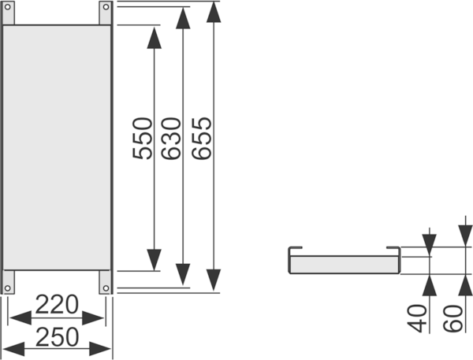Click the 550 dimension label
coord(143,139)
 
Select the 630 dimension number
coord(171,139)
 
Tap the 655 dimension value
coord(202,139)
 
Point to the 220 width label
coord(57,305)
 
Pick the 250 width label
coord(57,337)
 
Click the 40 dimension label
coord(417,318)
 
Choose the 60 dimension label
coord(453,318)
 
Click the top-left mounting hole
coord(8,6)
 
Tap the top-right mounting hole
coord(106,6)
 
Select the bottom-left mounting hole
coord(8,288)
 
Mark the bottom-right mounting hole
coord(106,288)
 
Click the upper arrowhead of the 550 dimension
coord(155,38)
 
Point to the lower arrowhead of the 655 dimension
coord(214,280)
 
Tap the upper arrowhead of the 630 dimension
coord(183,18)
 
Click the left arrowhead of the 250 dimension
coord(13,349)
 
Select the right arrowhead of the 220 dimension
coord(93,317)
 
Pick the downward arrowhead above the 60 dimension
coord(465,236)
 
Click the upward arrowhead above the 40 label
coord(430,285)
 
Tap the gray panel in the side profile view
coord(345,265)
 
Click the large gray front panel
coord(57,147)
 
